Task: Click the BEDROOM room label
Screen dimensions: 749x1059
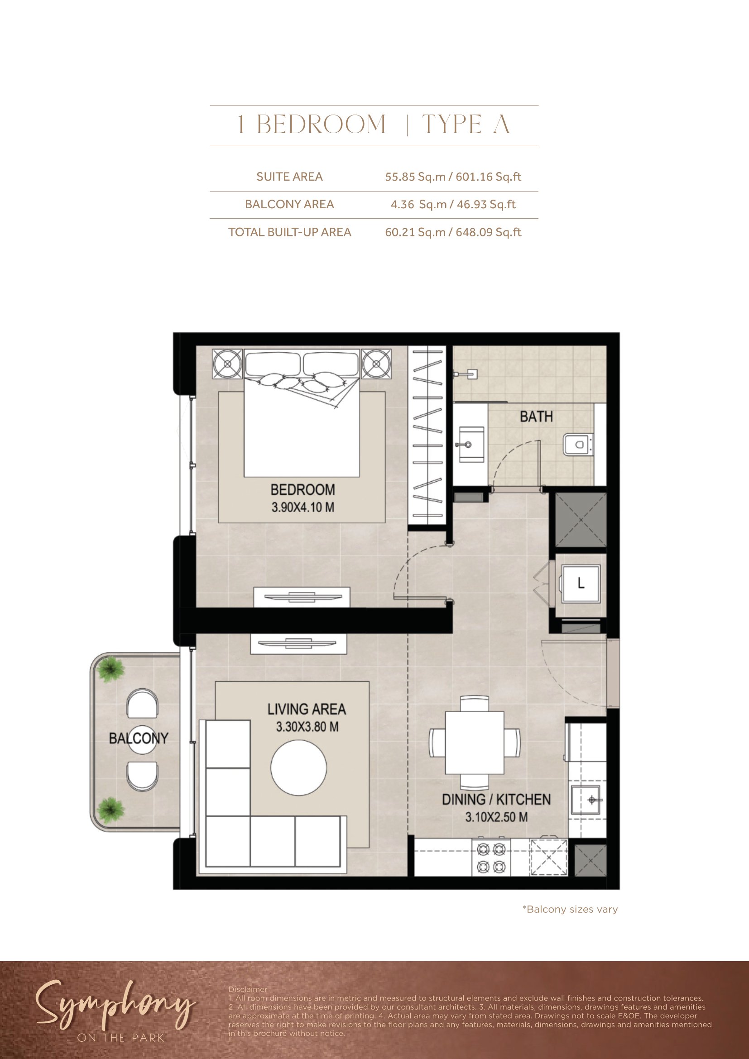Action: pyautogui.click(x=302, y=489)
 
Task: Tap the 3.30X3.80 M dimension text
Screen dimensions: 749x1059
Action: pyautogui.click(x=307, y=727)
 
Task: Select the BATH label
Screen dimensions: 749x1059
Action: pyautogui.click(x=536, y=417)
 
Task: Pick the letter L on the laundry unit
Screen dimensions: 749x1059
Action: pyautogui.click(x=581, y=584)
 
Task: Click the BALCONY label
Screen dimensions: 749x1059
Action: pyautogui.click(x=139, y=738)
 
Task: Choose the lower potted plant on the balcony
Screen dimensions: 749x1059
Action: pyautogui.click(x=110, y=810)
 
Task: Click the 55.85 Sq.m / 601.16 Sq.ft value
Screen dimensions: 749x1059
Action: pyautogui.click(x=453, y=177)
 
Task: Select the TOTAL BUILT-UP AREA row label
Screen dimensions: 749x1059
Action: pyautogui.click(x=290, y=232)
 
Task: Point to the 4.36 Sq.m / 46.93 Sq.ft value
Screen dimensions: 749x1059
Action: pyautogui.click(x=453, y=204)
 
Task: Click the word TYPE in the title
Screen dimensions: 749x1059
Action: pyautogui.click(x=452, y=125)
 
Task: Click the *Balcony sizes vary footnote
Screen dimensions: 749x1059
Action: pyautogui.click(x=570, y=909)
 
